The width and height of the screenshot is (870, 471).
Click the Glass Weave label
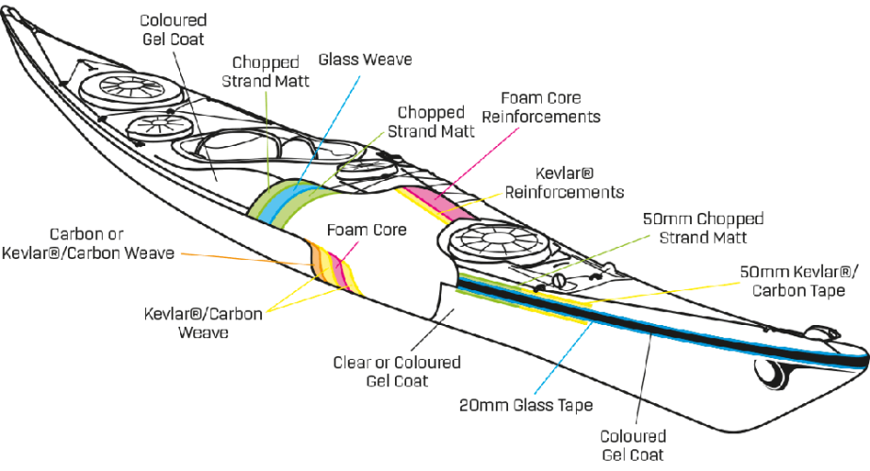tap(365, 59)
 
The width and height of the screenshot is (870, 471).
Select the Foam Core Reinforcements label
tap(543, 107)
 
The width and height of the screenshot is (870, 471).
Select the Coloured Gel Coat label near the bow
tap(172, 27)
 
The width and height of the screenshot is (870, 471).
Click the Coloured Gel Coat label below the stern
tap(633, 446)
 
